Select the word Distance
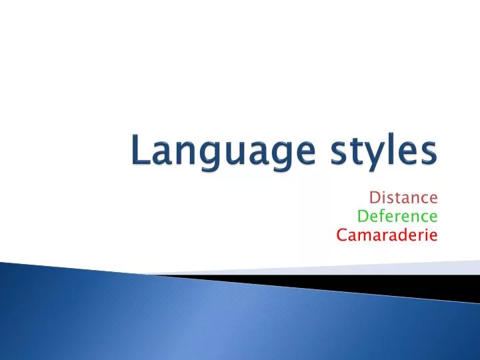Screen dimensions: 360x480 [x=403, y=198]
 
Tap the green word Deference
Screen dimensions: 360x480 [x=397, y=216]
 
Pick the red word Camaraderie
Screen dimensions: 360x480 [x=387, y=235]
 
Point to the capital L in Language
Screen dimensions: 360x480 [x=138, y=150]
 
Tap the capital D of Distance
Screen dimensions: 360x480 [x=374, y=198]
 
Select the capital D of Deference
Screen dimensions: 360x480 [x=362, y=216]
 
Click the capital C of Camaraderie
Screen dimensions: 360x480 [x=341, y=235]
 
